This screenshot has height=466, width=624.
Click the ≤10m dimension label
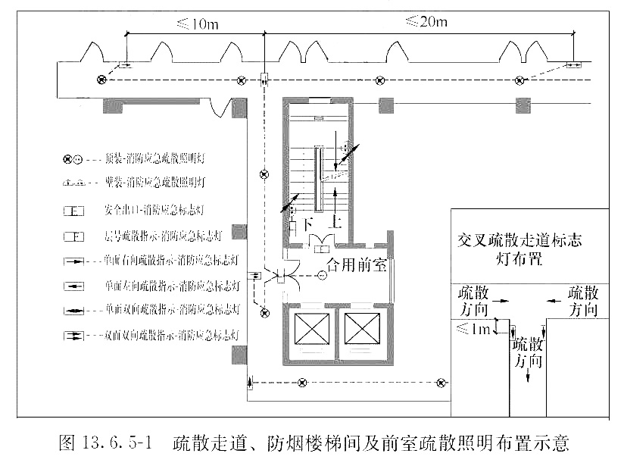[198, 23]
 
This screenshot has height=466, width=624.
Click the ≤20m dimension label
[426, 21]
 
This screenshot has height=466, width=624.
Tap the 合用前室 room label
[357, 266]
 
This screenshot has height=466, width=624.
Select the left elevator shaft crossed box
[311, 327]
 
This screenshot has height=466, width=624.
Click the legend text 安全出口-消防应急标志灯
[151, 209]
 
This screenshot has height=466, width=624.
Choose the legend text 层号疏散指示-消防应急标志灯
[161, 236]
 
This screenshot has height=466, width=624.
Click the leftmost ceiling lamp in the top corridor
[101, 80]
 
